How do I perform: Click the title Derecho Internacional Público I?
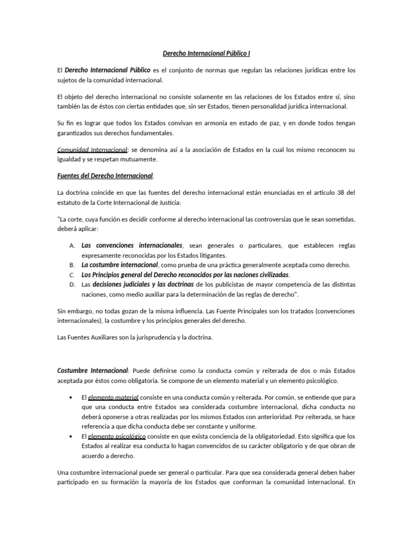point(206,53)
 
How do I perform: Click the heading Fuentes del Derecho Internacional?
point(105,175)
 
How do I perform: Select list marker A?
point(72,245)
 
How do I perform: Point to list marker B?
point(72,265)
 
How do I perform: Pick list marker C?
point(72,275)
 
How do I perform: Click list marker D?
point(72,285)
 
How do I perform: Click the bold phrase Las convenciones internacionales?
point(132,245)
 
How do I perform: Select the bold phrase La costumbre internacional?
point(119,265)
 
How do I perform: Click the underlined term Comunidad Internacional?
point(92,150)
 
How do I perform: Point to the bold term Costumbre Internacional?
point(92,371)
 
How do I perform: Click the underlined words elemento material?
point(113,398)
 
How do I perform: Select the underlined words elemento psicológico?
point(116,436)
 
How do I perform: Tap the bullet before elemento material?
point(72,398)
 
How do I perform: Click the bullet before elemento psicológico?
point(72,436)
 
